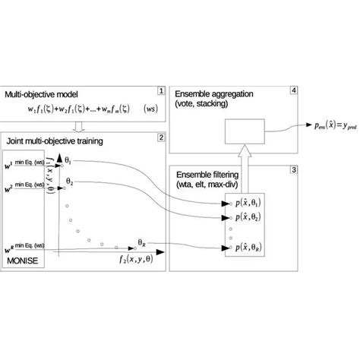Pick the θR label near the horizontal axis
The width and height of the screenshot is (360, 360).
[x=143, y=243]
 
